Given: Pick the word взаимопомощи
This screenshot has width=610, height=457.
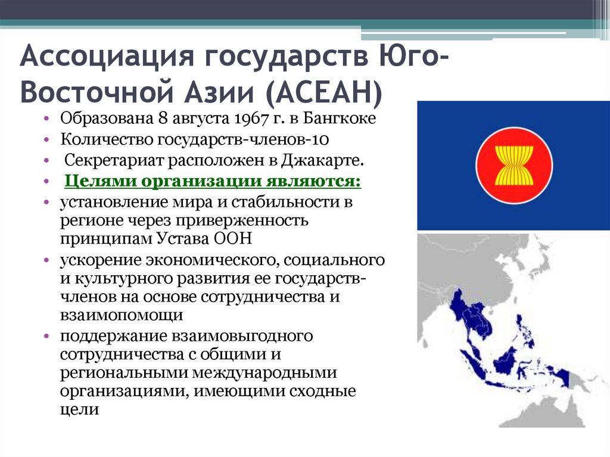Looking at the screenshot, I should (x=121, y=315).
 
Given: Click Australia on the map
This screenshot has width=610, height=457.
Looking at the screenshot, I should (x=566, y=411).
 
